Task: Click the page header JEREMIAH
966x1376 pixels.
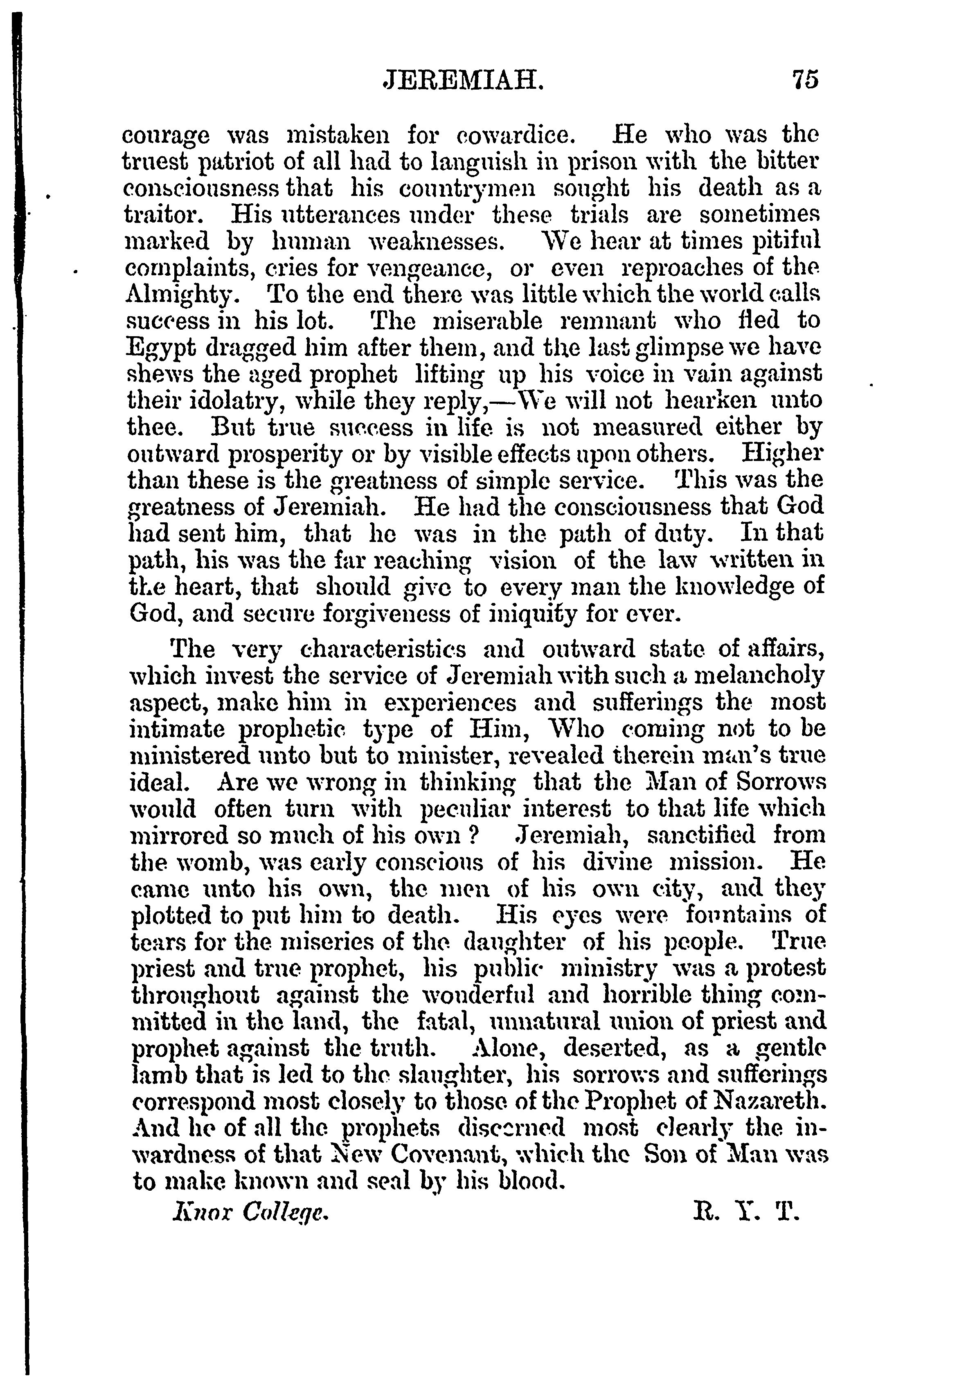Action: [463, 80]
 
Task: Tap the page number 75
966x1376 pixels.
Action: [805, 80]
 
